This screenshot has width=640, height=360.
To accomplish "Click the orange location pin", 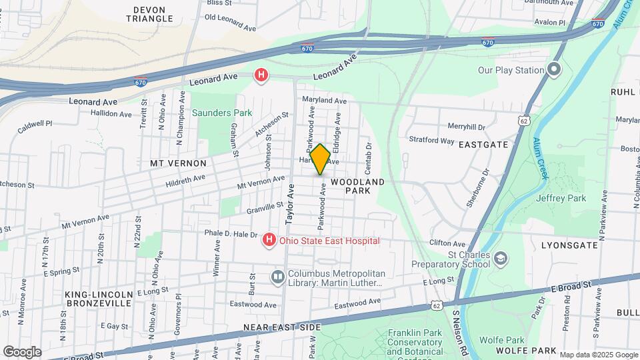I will (320, 159).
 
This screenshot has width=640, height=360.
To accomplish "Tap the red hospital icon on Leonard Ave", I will (261, 76).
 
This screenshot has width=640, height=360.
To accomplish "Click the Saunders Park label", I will (222, 113).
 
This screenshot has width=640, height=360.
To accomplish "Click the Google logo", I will (22, 351).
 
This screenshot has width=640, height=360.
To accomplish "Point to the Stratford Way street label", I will (431, 141).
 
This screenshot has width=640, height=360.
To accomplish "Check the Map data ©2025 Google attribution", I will (598, 355).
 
